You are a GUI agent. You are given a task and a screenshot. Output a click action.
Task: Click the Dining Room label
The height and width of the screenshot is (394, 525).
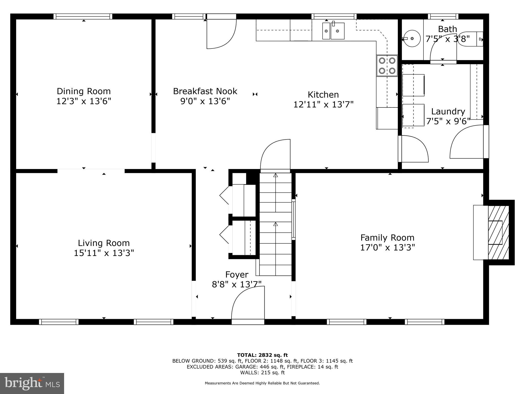pyautogui.click(x=84, y=91)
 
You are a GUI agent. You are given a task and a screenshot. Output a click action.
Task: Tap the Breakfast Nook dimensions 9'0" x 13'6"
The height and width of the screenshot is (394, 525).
pyautogui.click(x=205, y=101)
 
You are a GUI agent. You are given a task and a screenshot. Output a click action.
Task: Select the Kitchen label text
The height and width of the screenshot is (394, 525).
pyautogui.click(x=323, y=95)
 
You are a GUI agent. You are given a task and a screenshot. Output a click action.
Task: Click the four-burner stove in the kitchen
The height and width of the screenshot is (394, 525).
pyautogui.click(x=387, y=65)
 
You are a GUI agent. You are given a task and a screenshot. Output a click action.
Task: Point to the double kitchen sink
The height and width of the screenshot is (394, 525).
pyautogui.click(x=333, y=31)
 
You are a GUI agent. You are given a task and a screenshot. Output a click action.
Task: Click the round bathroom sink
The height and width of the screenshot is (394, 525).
pyautogui.click(x=412, y=38)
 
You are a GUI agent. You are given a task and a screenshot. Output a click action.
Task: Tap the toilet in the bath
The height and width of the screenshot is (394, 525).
pyautogui.click(x=471, y=39)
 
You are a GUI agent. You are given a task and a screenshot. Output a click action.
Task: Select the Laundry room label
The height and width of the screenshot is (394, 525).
pyautogui.click(x=448, y=112)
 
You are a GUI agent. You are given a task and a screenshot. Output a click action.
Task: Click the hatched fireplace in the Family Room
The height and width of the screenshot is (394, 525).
pyautogui.click(x=498, y=232)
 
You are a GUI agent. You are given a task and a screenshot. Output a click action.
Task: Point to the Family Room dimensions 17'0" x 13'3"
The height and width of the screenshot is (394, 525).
pyautogui.click(x=388, y=248)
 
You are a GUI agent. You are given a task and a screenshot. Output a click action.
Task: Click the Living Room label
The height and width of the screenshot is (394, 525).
pyautogui.click(x=104, y=243)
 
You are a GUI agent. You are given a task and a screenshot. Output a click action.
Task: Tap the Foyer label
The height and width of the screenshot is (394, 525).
pyautogui.click(x=237, y=274)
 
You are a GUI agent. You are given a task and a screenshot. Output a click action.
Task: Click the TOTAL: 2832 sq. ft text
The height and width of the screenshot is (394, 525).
pyautogui.click(x=262, y=355)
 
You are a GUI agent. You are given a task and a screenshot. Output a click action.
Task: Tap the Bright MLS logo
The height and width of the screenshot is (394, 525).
pyautogui.click(x=32, y=383)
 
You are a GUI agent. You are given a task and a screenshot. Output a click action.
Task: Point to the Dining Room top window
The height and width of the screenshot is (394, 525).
pyautogui.click(x=83, y=16)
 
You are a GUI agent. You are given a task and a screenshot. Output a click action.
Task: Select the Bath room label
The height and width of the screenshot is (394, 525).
pyautogui.click(x=448, y=29)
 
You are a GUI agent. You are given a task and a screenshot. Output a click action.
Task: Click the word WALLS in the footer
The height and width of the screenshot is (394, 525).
pyautogui.click(x=247, y=372)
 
